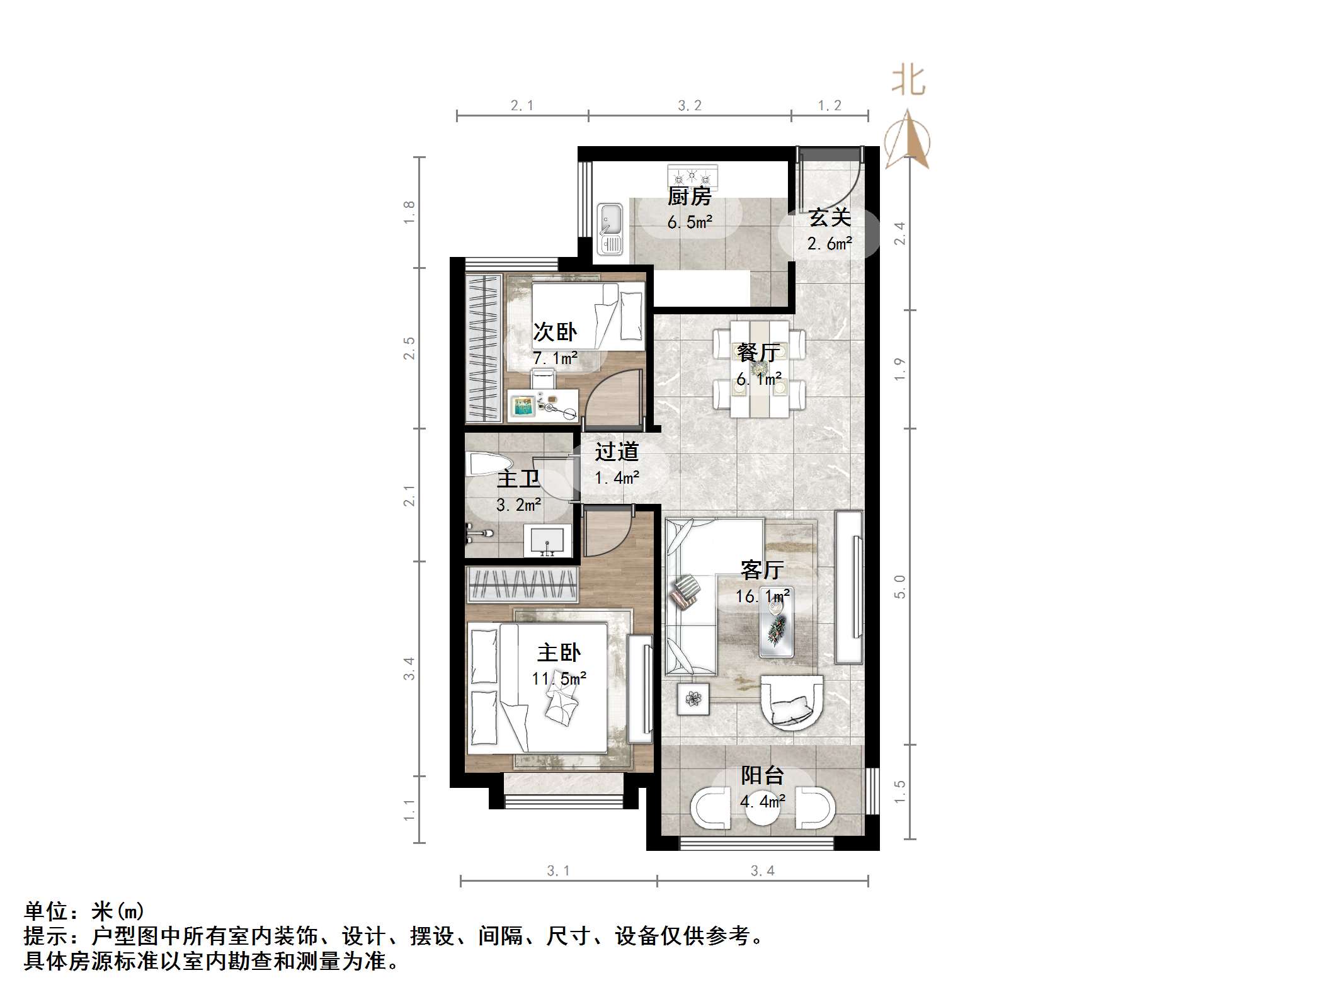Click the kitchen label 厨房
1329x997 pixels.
point(689,197)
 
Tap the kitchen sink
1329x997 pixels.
point(610,229)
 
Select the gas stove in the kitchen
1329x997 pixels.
point(692,174)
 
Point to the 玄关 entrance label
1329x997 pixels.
point(830,218)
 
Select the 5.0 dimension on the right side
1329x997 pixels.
point(900,586)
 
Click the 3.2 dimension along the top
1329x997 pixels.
point(690,106)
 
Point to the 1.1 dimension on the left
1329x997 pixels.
point(409,809)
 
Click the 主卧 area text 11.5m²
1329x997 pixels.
point(559,679)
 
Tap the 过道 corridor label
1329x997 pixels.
point(617,452)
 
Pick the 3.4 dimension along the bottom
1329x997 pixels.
point(762,871)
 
